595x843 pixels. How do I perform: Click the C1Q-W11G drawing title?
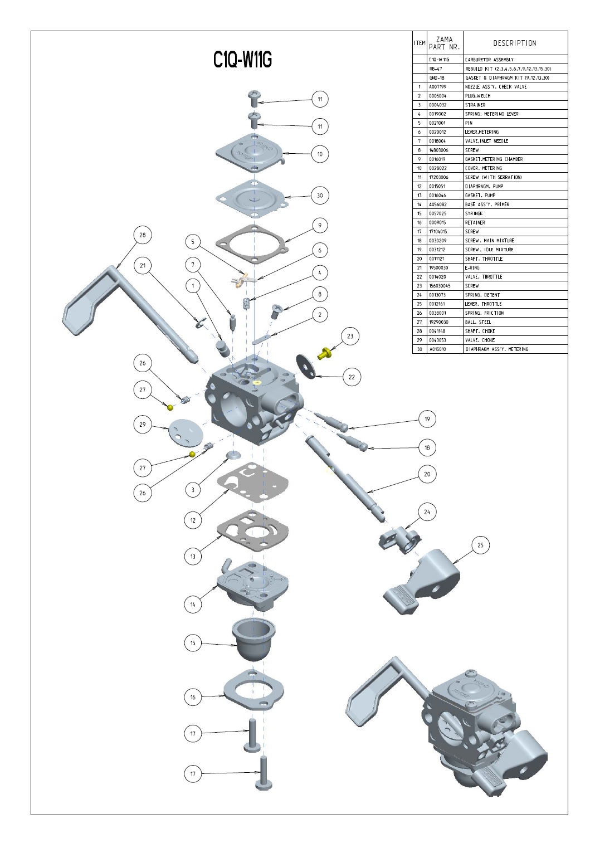[x=242, y=60]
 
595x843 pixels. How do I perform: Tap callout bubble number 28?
[x=143, y=235]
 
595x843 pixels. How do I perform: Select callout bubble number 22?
[x=352, y=377]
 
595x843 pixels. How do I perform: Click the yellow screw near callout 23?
[x=324, y=353]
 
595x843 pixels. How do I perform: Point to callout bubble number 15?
[x=193, y=643]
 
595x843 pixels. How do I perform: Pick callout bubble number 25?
[x=480, y=545]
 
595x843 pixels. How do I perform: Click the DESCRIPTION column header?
[x=515, y=43]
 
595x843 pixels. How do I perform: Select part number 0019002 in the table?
[x=437, y=114]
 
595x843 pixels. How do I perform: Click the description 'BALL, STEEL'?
[x=478, y=322]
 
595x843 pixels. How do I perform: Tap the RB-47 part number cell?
[x=436, y=69]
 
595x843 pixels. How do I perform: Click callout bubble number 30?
[x=320, y=196]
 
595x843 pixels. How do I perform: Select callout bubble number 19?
[x=427, y=419]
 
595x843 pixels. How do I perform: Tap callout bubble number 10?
[x=320, y=154]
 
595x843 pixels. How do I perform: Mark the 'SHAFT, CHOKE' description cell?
[x=480, y=331]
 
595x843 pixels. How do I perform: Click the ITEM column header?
[x=420, y=43]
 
